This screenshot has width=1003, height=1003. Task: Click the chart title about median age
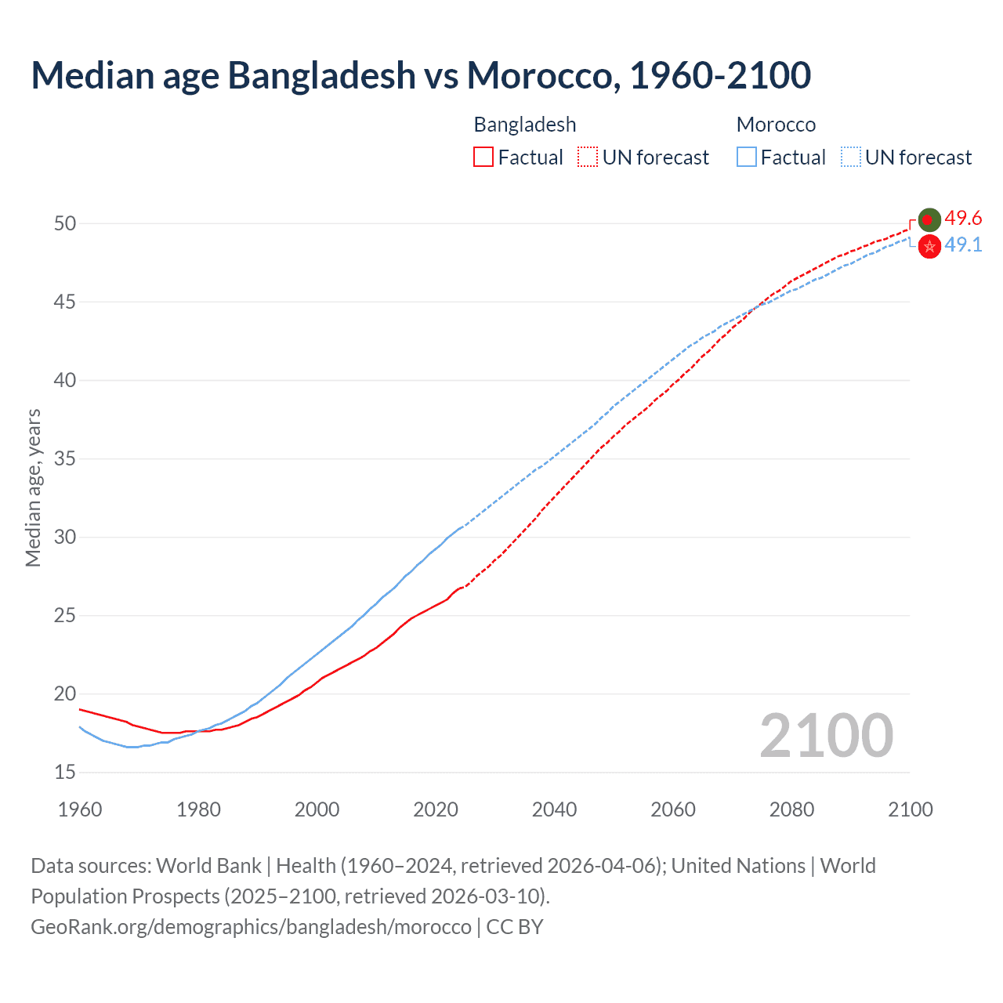pyautogui.click(x=421, y=75)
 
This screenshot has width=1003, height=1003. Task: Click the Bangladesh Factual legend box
pyautogui.click(x=483, y=158)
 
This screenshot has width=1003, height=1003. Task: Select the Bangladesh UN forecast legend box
pyautogui.click(x=588, y=158)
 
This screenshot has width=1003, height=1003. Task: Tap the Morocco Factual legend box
pyautogui.click(x=747, y=158)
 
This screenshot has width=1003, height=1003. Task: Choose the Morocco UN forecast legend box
pyautogui.click(x=851, y=158)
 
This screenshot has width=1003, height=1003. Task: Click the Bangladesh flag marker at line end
pyautogui.click(x=929, y=220)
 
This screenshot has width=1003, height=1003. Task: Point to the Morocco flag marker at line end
pyautogui.click(x=929, y=247)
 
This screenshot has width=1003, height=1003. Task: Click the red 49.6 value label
pyautogui.click(x=963, y=218)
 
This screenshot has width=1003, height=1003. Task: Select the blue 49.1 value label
pyautogui.click(x=963, y=245)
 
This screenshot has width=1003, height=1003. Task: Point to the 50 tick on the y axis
pyautogui.click(x=65, y=224)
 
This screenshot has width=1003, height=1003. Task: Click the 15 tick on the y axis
pyautogui.click(x=65, y=773)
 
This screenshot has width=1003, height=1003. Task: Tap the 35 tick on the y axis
pyautogui.click(x=65, y=459)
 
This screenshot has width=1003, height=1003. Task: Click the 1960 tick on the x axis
pyautogui.click(x=80, y=809)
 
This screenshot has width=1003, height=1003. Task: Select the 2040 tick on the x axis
pyautogui.click(x=554, y=809)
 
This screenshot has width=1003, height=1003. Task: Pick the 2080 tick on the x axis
pyautogui.click(x=791, y=809)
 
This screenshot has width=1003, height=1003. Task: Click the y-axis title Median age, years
pyautogui.click(x=33, y=487)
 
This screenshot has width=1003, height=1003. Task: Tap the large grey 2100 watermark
pyautogui.click(x=826, y=736)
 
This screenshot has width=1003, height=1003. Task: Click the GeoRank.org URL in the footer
pyautogui.click(x=251, y=927)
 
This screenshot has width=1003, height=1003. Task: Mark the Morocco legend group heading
pyautogui.click(x=776, y=125)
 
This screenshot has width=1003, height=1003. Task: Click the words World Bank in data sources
pyautogui.click(x=208, y=866)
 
